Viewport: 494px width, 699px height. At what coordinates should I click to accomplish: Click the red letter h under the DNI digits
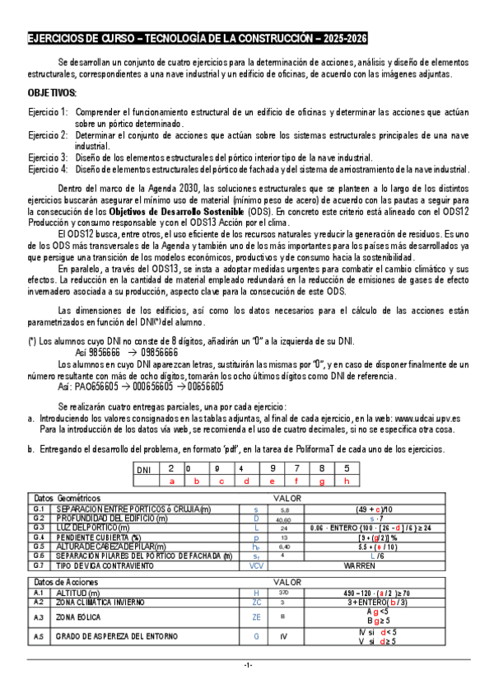click(347, 480)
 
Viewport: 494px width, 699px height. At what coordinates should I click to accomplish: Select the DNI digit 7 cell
click(296, 468)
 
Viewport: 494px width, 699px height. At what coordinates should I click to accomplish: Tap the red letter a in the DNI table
click(171, 480)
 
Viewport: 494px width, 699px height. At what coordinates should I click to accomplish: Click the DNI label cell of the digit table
click(144, 469)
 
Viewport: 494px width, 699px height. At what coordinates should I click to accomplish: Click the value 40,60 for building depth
click(283, 519)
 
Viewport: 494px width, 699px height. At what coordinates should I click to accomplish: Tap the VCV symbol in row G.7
click(255, 566)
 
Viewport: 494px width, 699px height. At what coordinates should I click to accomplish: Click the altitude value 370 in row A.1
click(283, 593)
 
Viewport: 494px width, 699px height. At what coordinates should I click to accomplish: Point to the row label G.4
click(38, 537)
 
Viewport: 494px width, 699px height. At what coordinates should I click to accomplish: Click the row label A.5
click(38, 636)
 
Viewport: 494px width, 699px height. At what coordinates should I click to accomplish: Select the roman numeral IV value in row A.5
click(283, 636)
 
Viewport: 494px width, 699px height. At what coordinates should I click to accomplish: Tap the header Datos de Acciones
click(65, 582)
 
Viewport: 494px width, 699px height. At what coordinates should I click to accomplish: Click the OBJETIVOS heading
click(53, 93)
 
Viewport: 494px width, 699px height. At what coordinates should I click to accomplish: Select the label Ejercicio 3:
click(48, 157)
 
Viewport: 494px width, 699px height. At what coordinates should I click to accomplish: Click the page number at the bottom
click(247, 687)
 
